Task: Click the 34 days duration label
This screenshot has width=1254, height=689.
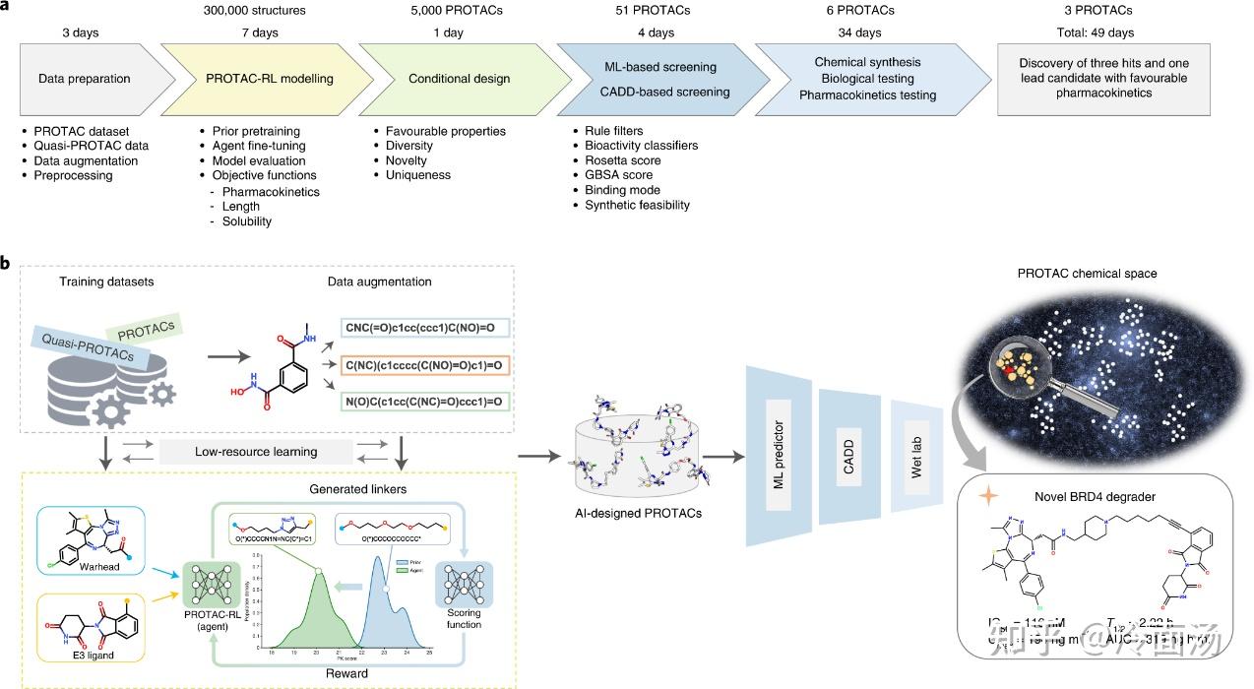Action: [864, 33]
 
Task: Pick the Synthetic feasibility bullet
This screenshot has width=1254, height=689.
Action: [638, 205]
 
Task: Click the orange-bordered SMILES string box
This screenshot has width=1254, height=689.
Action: [425, 365]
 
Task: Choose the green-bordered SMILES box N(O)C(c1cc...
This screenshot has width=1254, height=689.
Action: [425, 402]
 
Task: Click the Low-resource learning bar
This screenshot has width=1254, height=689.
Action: [255, 451]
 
